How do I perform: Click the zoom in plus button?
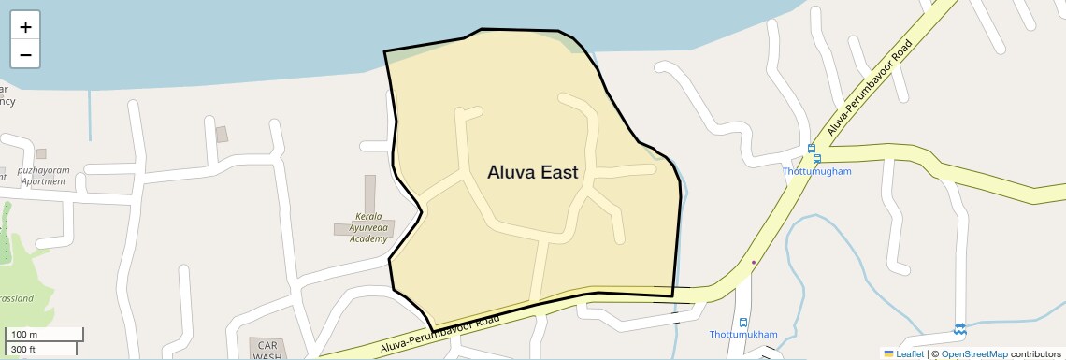click(x=25, y=27)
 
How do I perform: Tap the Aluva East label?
click(x=532, y=172)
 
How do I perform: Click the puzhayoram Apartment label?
click(x=43, y=176)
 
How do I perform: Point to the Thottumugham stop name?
click(x=817, y=172)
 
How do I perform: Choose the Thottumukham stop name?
click(x=742, y=335)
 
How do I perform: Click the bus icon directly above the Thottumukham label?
click(x=742, y=322)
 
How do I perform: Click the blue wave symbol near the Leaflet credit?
click(x=959, y=329)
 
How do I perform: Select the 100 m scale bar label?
click(x=24, y=335)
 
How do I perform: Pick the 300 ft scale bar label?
click(x=23, y=350)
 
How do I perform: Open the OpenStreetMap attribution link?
click(x=973, y=354)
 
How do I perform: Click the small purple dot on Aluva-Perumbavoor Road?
click(x=754, y=263)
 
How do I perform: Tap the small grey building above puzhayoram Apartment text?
click(x=41, y=154)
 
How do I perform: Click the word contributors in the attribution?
click(x=1035, y=354)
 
